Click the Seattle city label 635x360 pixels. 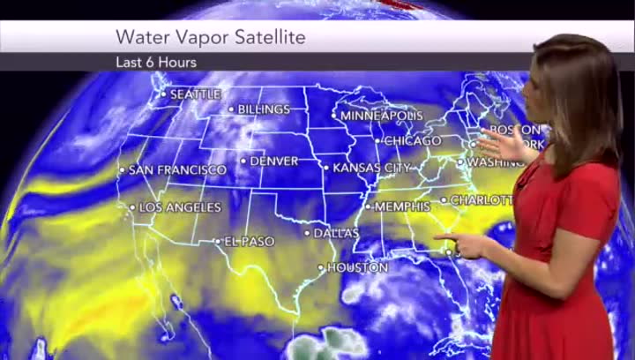pyautogui.click(x=195, y=94)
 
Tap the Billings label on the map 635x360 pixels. pyautogui.click(x=264, y=109)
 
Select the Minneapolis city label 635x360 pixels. pyautogui.click(x=382, y=116)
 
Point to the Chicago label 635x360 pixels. pyautogui.click(x=413, y=141)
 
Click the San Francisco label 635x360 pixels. pyautogui.click(x=177, y=169)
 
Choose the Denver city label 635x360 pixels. pyautogui.click(x=274, y=161)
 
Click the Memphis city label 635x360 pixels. pyautogui.click(x=403, y=206)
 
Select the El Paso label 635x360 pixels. pyautogui.click(x=250, y=241)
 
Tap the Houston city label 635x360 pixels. pyautogui.click(x=357, y=267)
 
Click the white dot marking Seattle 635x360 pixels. pyautogui.click(x=163, y=94)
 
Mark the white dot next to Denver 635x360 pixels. pyautogui.click(x=243, y=161)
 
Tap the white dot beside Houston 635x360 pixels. pyautogui.click(x=321, y=267)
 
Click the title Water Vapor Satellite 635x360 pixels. pyautogui.click(x=211, y=38)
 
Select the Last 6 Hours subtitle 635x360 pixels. pyautogui.click(x=156, y=63)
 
